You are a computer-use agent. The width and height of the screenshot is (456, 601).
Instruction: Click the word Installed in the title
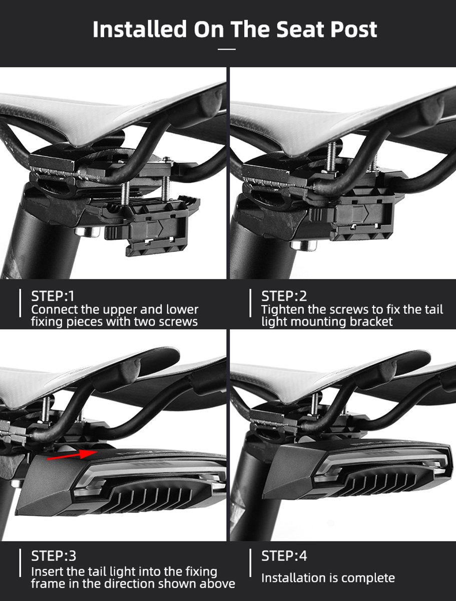(x=139, y=29)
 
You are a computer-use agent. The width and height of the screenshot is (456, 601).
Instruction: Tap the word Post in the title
(x=353, y=29)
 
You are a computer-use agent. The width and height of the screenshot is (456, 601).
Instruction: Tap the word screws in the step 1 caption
(x=178, y=322)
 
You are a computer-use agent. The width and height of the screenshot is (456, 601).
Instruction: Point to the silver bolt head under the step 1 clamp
(x=87, y=232)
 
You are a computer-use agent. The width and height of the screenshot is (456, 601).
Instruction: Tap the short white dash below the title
(x=227, y=49)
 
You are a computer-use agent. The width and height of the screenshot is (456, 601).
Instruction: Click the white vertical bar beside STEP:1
(x=20, y=303)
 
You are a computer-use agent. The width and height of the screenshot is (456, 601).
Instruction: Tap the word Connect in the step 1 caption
(x=55, y=310)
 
